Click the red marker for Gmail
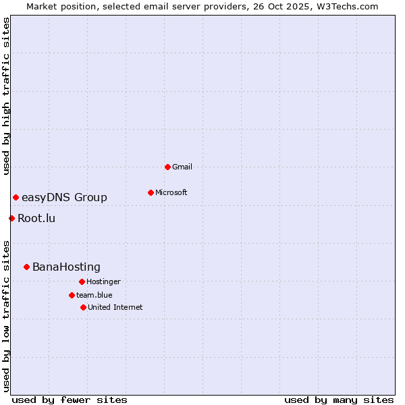167,167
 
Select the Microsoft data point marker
151,192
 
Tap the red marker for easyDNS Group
16,197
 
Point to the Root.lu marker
11,218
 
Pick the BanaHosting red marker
26,267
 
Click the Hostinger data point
82,281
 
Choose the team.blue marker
72,295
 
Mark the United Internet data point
83,307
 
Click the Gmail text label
182,167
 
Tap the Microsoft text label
171,192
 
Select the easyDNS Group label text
64,197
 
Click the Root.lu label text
36,218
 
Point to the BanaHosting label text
66,267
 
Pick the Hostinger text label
103,281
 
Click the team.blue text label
94,295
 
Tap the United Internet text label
115,307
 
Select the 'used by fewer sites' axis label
70,400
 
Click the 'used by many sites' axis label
339,400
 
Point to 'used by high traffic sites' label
6,96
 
